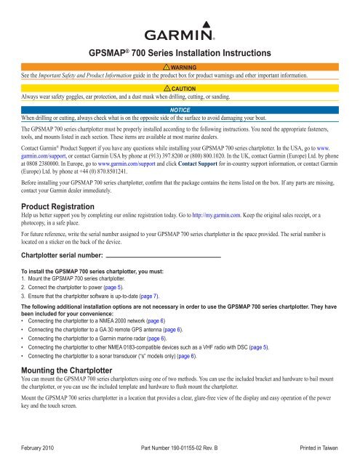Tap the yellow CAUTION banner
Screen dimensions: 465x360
tap(180, 87)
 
